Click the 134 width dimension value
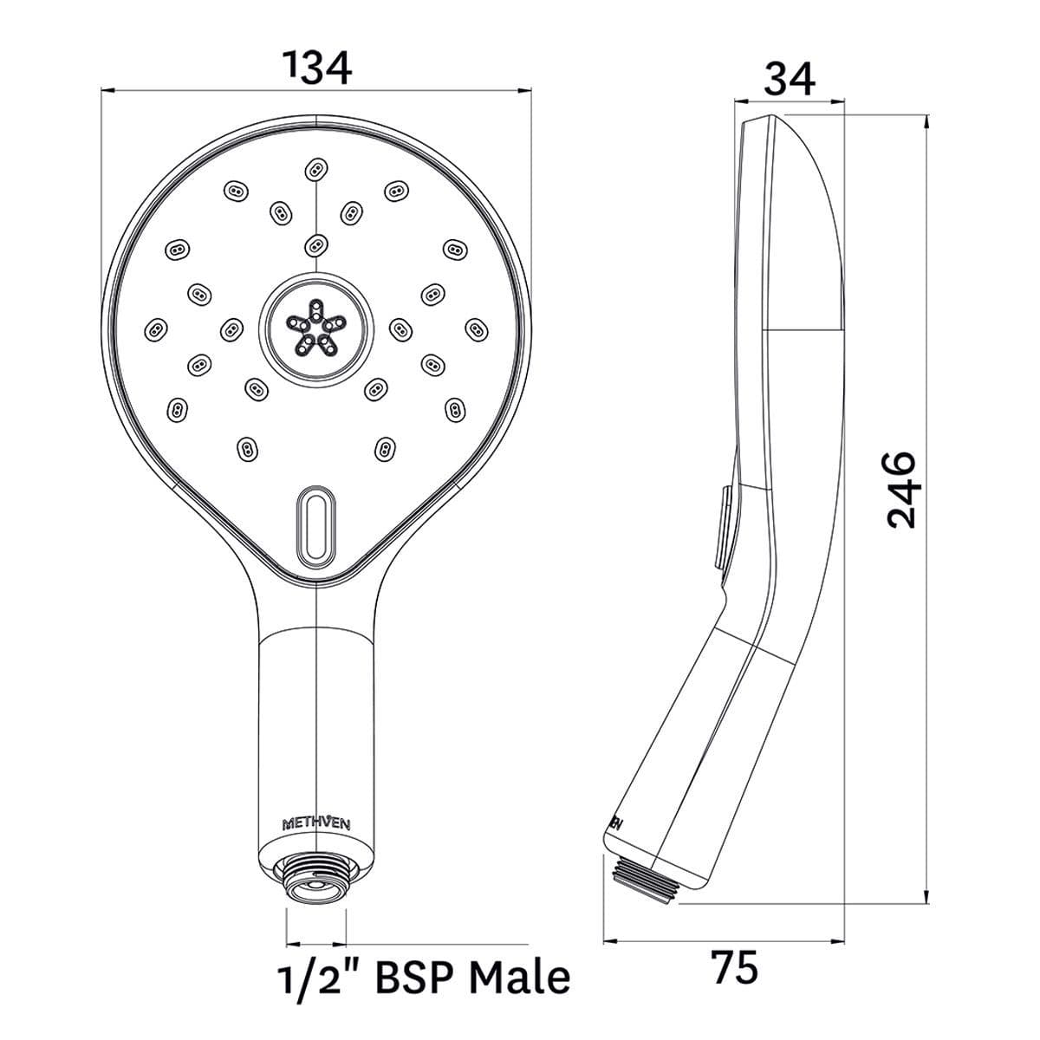pyautogui.click(x=319, y=68)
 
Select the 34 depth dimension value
pyautogui.click(x=789, y=79)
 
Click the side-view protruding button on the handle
pyautogui.click(x=724, y=526)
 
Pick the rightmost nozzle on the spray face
pyautogui.click(x=476, y=328)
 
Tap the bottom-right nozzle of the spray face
pyautogui.click(x=385, y=447)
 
